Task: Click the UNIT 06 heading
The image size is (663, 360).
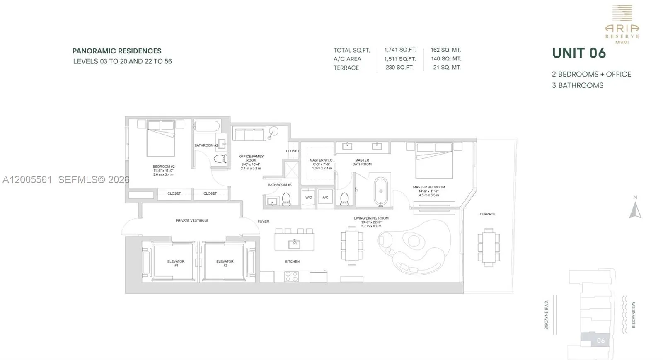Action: [579, 53]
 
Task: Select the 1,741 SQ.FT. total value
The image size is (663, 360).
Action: [400, 50]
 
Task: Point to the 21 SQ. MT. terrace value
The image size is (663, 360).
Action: [447, 68]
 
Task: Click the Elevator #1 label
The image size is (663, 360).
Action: [176, 263]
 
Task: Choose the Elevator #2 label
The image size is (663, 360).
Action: [225, 263]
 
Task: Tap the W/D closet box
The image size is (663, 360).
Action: [309, 197]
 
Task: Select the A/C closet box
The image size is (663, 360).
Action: [325, 197]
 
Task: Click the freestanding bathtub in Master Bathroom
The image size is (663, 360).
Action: [381, 191]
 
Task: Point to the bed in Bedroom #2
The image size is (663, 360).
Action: [160, 139]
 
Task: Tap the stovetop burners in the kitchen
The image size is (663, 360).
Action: [291, 276]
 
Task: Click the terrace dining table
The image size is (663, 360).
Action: [489, 247]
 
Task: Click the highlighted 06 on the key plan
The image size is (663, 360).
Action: [600, 341]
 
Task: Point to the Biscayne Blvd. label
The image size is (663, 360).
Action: [547, 315]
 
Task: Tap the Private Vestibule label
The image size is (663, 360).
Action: [192, 221]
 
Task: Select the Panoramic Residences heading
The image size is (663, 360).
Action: [117, 51]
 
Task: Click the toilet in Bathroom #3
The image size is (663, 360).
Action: [286, 200]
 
